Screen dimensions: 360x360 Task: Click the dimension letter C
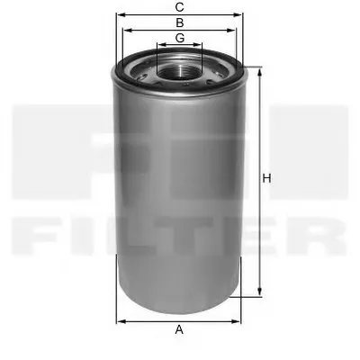point(180,8)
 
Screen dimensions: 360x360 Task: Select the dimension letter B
point(180,22)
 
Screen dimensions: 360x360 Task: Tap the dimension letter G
point(180,38)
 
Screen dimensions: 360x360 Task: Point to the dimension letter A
point(180,329)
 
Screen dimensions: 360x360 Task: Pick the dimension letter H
point(266,180)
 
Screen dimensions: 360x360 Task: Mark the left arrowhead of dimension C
point(119,15)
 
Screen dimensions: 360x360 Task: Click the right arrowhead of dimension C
point(241,15)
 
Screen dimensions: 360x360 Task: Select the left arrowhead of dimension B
point(127,30)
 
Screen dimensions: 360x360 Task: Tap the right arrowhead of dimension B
point(233,30)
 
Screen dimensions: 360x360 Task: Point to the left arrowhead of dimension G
point(158,45)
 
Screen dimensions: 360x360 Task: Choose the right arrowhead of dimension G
point(202,45)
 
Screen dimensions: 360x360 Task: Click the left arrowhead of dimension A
point(120,320)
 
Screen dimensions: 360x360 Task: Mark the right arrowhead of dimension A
point(240,320)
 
